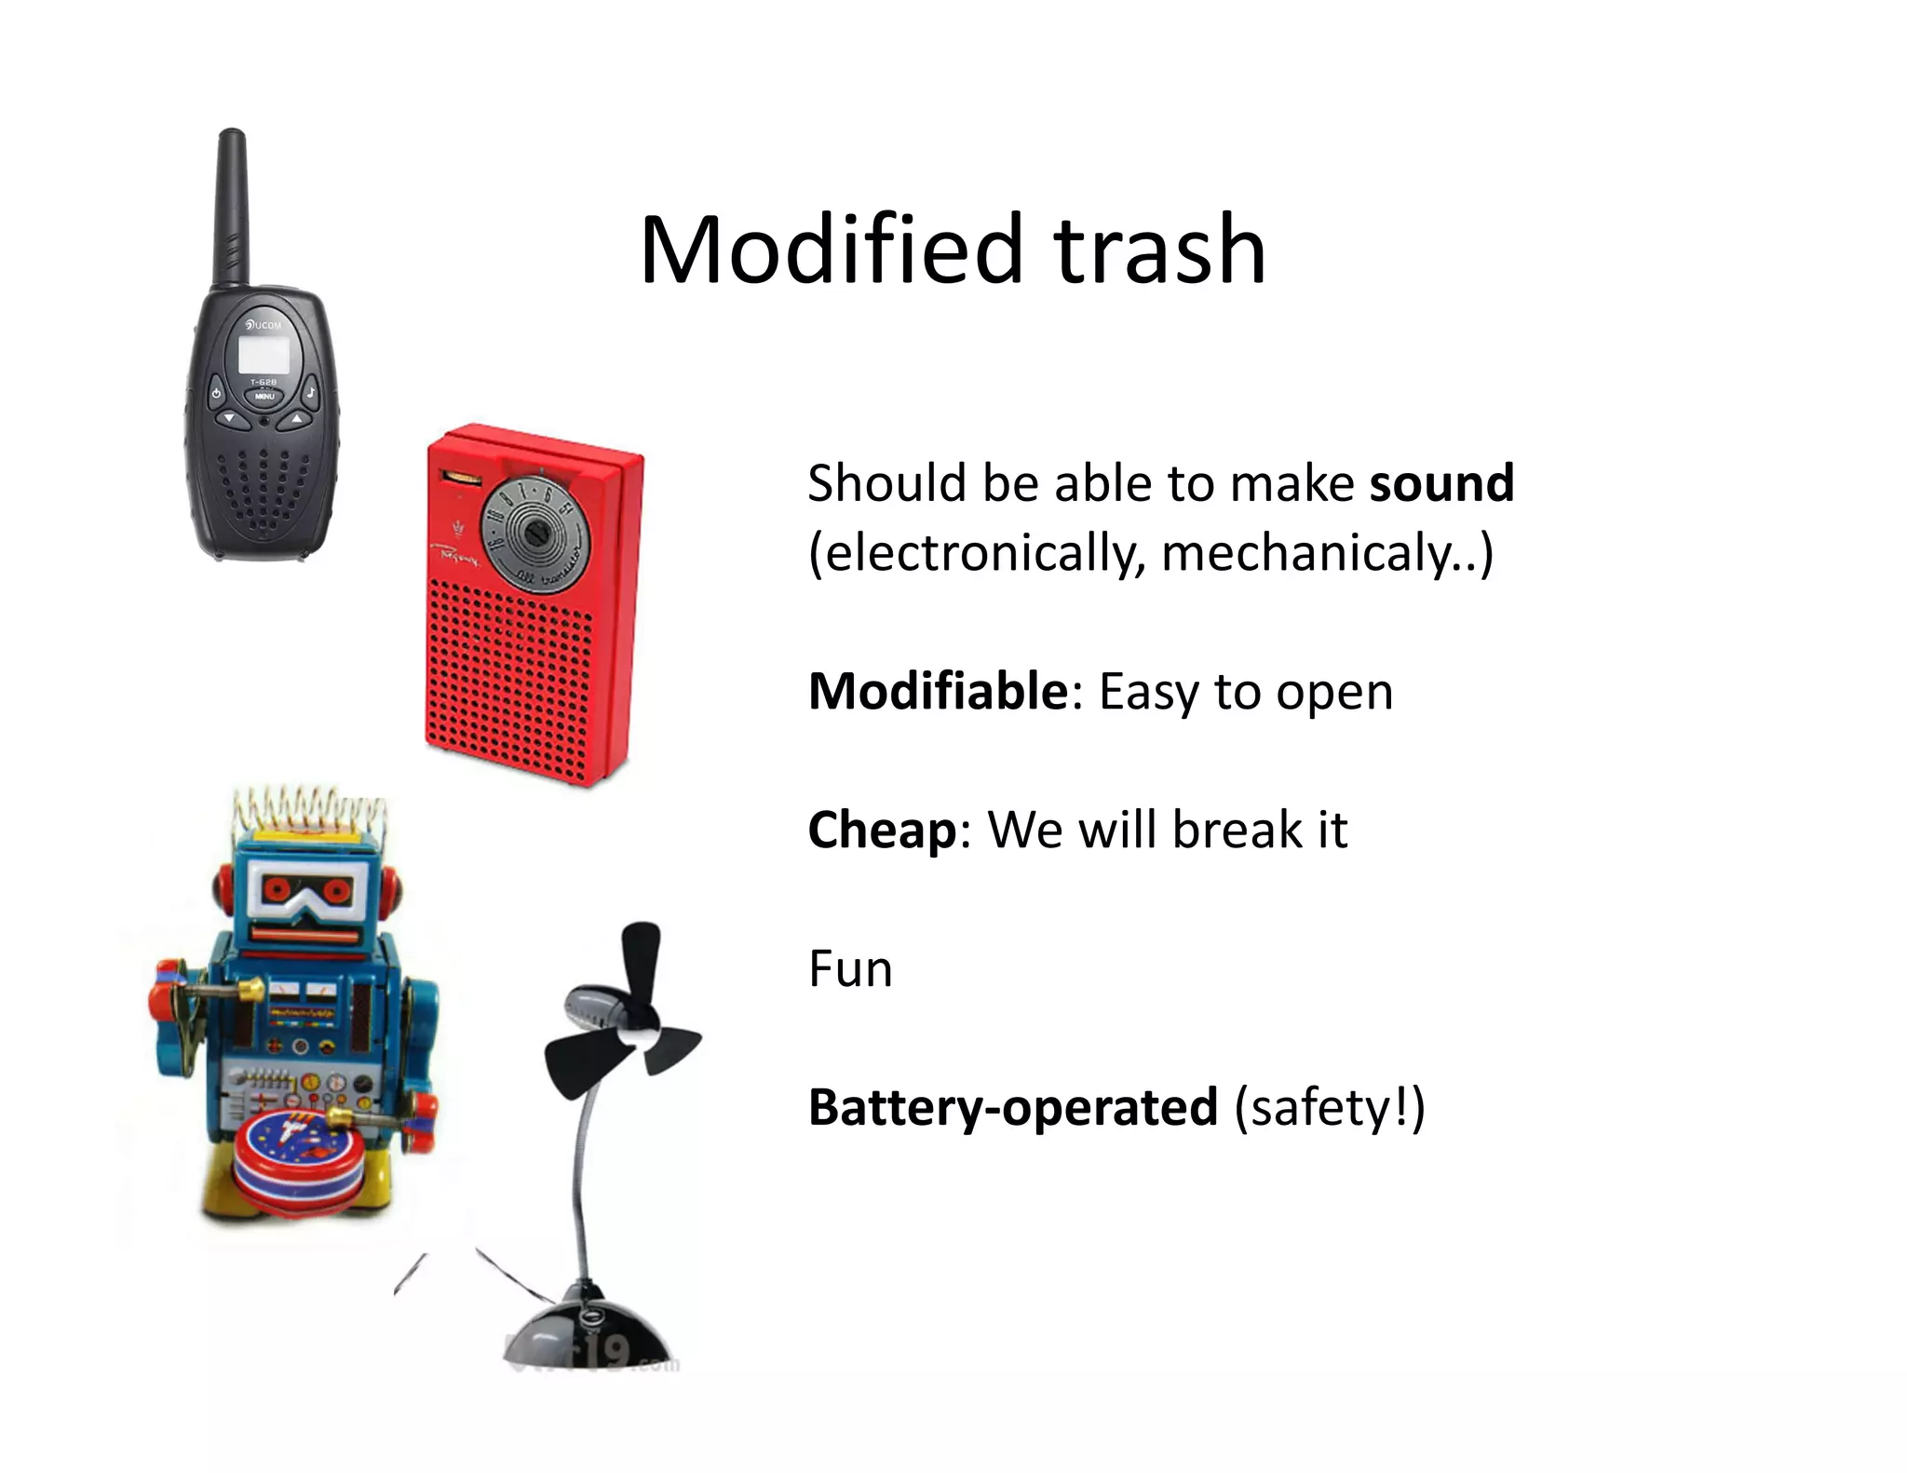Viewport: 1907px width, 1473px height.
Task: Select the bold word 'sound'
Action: coord(1441,483)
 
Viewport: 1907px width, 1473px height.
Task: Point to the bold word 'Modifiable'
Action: coord(938,692)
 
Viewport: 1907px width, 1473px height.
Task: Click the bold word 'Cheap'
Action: coord(881,831)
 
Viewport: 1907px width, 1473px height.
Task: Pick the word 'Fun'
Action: coord(850,968)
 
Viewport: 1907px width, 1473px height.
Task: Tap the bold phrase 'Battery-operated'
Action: coord(1012,1107)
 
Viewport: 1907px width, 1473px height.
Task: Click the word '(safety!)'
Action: coord(1329,1107)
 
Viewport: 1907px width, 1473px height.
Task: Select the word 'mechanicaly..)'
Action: coord(1327,553)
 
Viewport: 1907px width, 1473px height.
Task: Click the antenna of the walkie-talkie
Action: coord(232,205)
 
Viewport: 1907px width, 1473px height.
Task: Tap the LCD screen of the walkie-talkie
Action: coord(264,355)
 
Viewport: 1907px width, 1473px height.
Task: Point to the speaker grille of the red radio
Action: coord(509,680)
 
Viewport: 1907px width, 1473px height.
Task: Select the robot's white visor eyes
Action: coord(306,893)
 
